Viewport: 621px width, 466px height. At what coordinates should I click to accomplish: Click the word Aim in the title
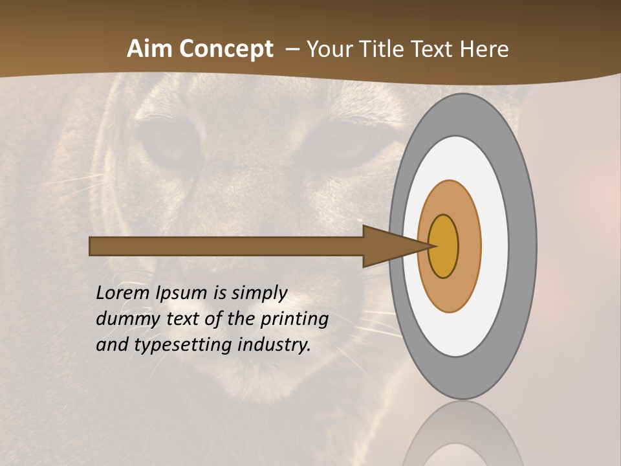click(149, 49)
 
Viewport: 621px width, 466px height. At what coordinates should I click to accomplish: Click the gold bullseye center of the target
click(444, 246)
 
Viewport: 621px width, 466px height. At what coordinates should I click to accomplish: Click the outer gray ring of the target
click(523, 246)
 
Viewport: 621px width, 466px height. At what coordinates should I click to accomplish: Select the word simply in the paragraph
click(259, 293)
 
